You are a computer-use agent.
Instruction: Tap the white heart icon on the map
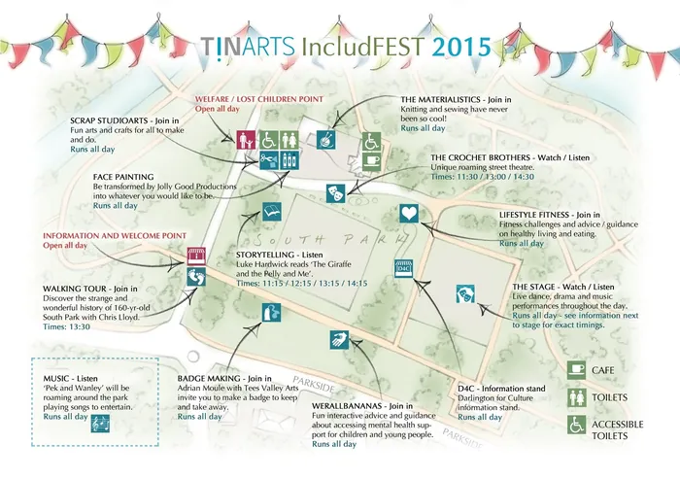(x=409, y=214)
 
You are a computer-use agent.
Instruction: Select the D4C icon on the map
(x=405, y=269)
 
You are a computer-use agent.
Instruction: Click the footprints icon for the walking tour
(x=196, y=277)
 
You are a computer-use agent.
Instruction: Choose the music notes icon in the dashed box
(x=99, y=425)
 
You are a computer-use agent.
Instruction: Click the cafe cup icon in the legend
(x=577, y=370)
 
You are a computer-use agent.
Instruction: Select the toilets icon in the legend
(x=577, y=396)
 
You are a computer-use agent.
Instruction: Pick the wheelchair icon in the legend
(x=577, y=424)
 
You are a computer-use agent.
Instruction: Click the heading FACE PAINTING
(x=124, y=175)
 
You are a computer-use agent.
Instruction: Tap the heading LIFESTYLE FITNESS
(x=535, y=213)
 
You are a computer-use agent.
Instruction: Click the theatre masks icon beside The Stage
(x=465, y=294)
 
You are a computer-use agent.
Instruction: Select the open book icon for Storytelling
(x=271, y=208)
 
